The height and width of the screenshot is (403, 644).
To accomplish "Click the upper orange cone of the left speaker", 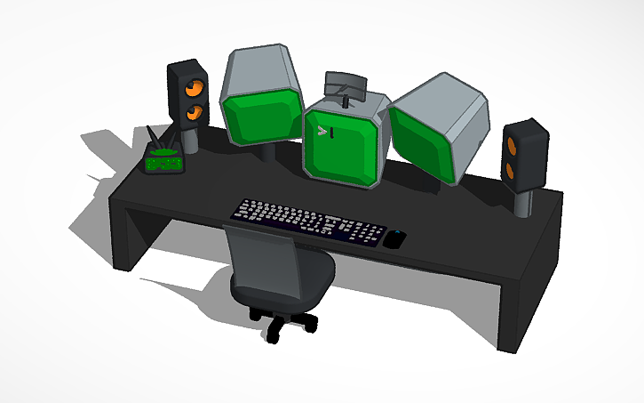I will tap(193, 89).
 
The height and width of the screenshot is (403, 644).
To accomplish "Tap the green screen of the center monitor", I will tap(341, 146).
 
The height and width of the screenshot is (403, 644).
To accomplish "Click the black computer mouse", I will tap(395, 238).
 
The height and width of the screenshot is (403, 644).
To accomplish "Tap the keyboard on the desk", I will tap(307, 221).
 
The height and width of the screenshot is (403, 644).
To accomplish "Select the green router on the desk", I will tap(163, 161).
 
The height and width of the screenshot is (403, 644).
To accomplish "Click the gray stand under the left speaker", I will tap(190, 139).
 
